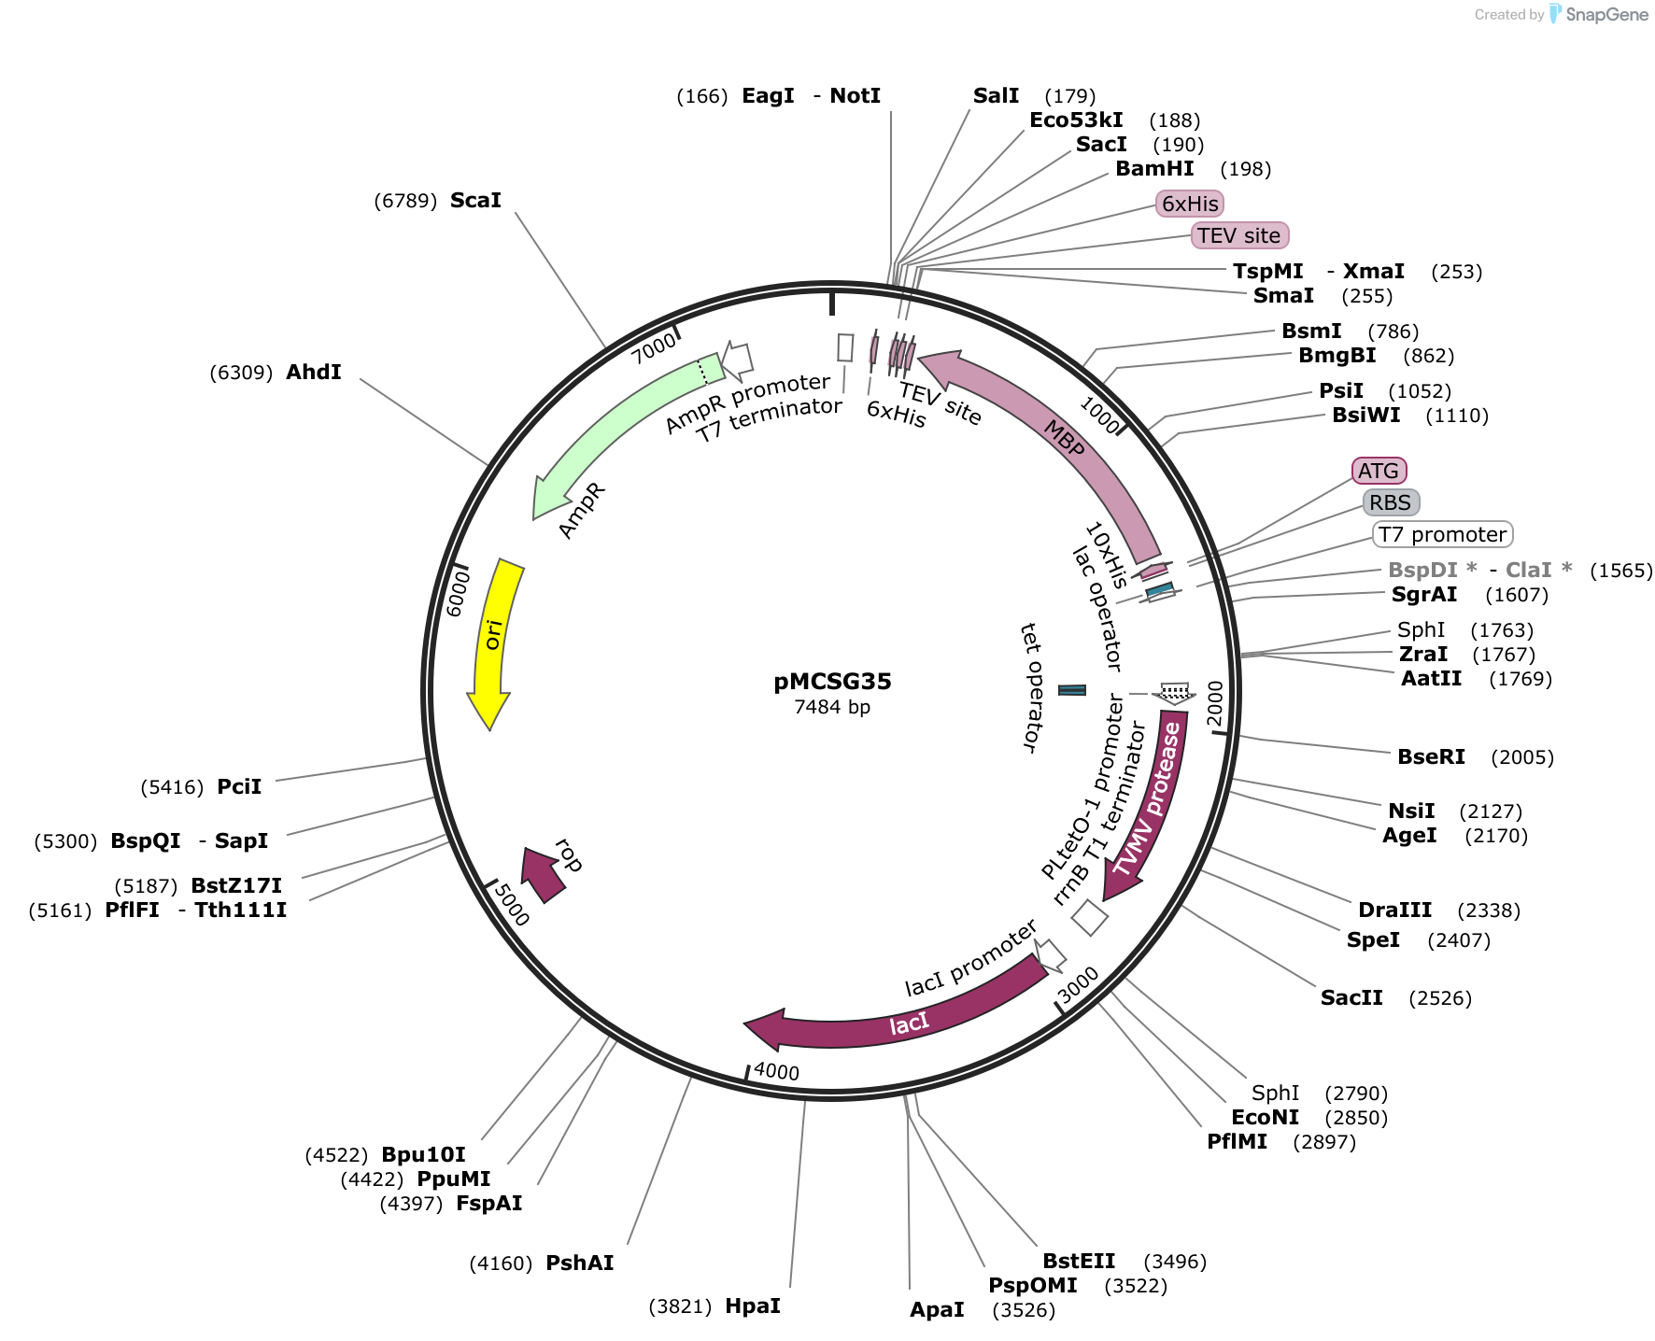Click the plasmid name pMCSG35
click(832, 682)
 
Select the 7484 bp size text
click(832, 707)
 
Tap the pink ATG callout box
click(1379, 471)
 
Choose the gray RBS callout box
click(1391, 502)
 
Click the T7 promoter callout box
click(1442, 534)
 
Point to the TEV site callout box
click(1239, 235)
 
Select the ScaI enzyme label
click(475, 201)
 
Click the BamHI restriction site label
click(1154, 169)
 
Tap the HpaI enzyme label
click(753, 1306)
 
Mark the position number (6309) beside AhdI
click(241, 373)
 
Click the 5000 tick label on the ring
click(512, 904)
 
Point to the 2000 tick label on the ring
click(1214, 702)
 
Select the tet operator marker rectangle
click(1072, 690)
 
